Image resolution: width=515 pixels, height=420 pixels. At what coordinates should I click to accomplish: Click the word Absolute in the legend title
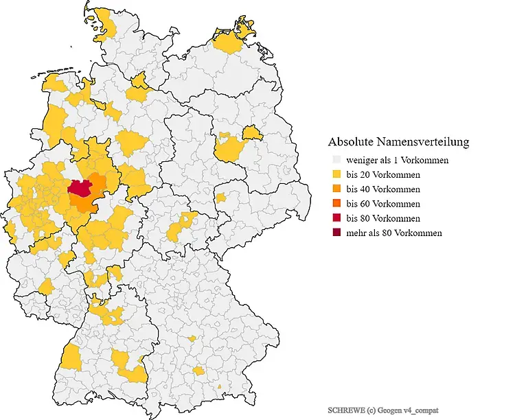pos(351,142)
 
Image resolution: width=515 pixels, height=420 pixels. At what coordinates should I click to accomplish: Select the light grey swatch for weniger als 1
pos(336,161)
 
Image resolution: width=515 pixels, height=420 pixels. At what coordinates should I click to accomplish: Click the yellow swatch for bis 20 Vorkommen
pos(336,175)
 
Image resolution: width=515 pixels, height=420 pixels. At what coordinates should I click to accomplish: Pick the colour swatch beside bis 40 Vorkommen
pos(336,189)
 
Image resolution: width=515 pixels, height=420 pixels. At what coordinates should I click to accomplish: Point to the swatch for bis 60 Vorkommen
pos(336,204)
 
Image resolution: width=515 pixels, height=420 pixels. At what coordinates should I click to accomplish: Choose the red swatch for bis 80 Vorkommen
pos(336,218)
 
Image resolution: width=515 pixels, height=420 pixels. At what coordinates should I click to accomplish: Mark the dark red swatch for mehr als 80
pos(336,233)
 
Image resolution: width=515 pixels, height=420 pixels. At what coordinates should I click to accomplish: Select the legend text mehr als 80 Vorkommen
pos(394,233)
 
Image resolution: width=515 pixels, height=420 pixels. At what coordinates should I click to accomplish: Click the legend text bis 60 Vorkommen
pos(383,204)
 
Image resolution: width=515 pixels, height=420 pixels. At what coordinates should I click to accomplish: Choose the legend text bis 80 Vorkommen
pos(383,218)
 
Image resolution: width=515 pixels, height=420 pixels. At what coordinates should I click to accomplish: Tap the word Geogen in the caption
pos(389,410)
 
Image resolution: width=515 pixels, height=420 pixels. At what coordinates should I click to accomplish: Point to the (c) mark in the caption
pos(369,410)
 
